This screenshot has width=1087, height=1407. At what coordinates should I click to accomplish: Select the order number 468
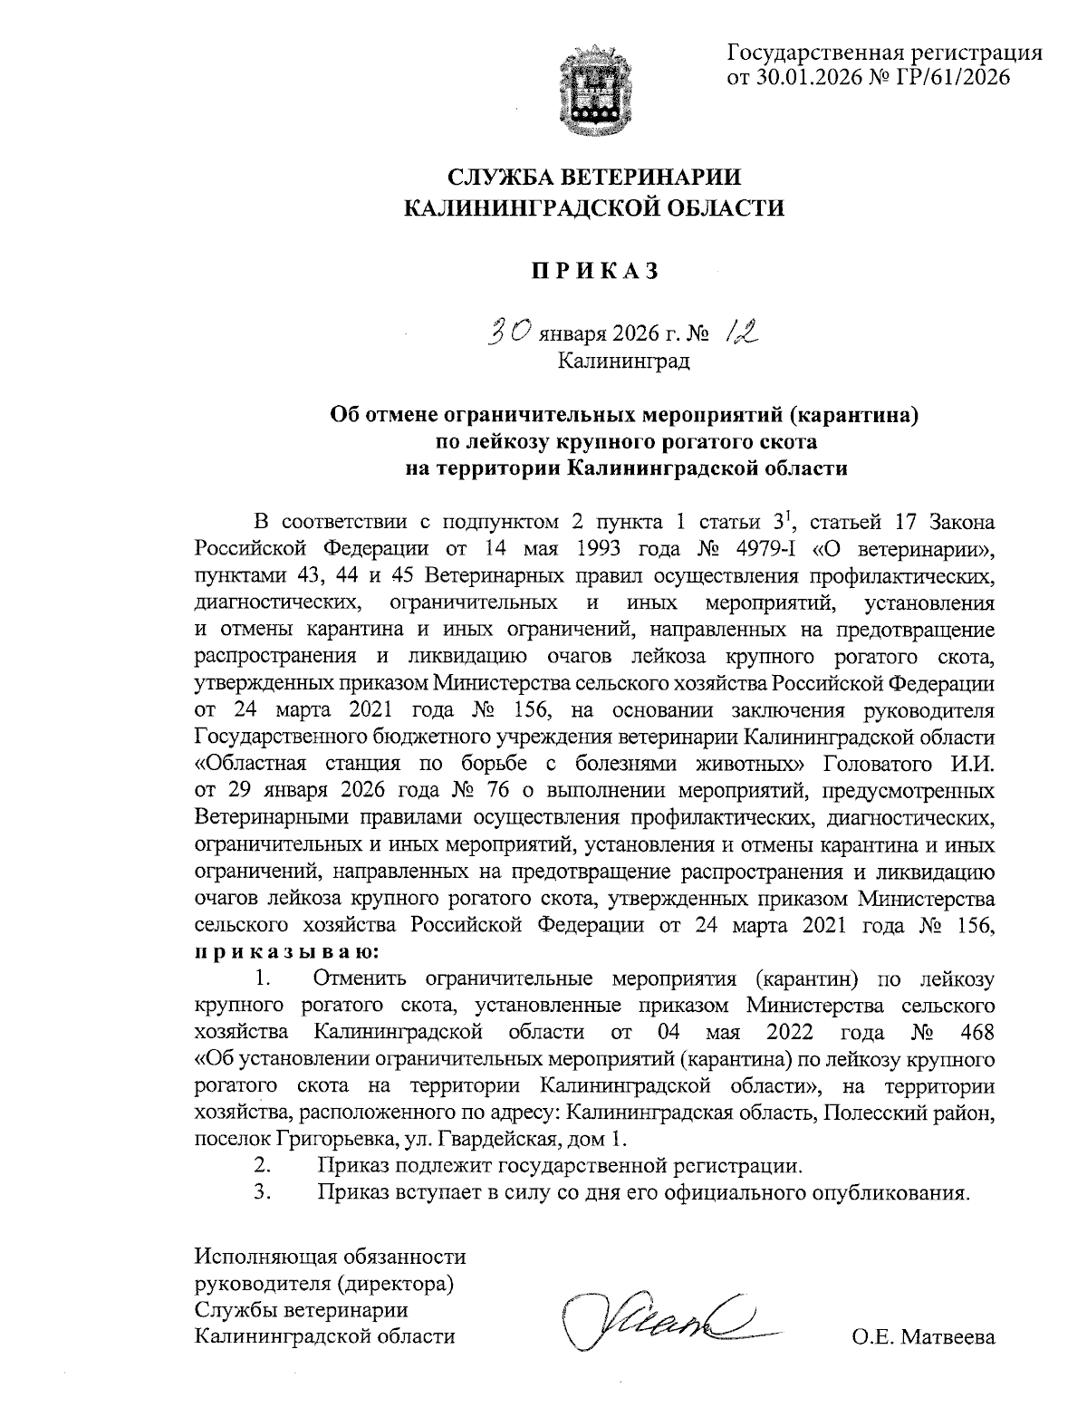(x=974, y=1032)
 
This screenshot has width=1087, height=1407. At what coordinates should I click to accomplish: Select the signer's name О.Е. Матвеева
(x=923, y=1337)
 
